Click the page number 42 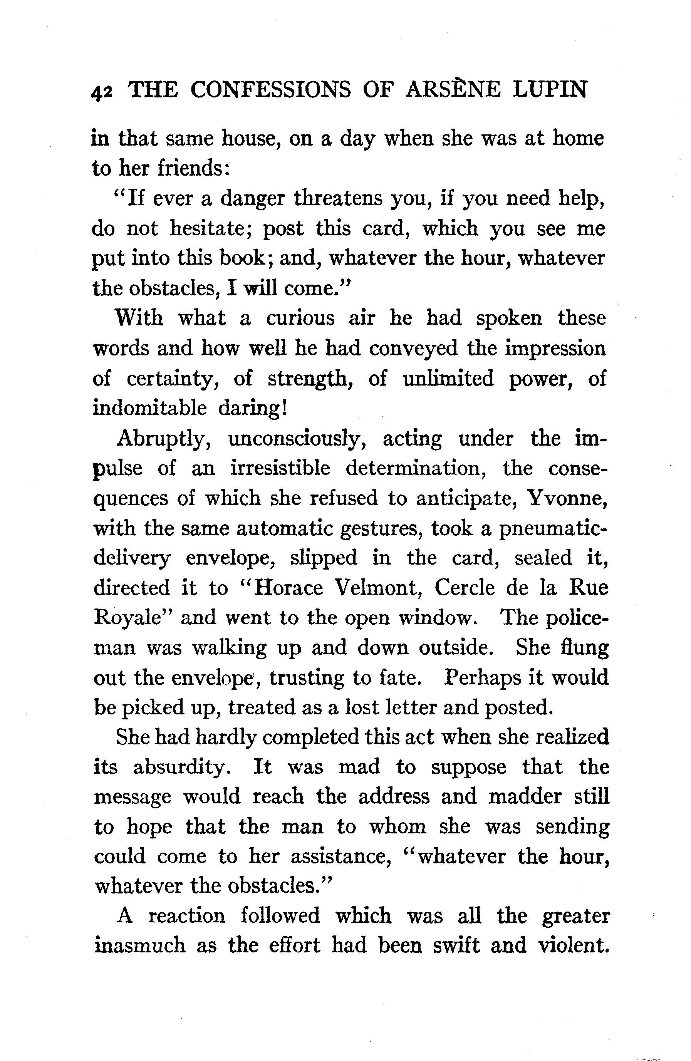click(x=102, y=91)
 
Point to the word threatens click(x=337, y=198)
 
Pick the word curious click(x=300, y=318)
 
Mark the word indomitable click(x=150, y=408)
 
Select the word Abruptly click(x=164, y=439)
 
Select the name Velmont click(x=378, y=588)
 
